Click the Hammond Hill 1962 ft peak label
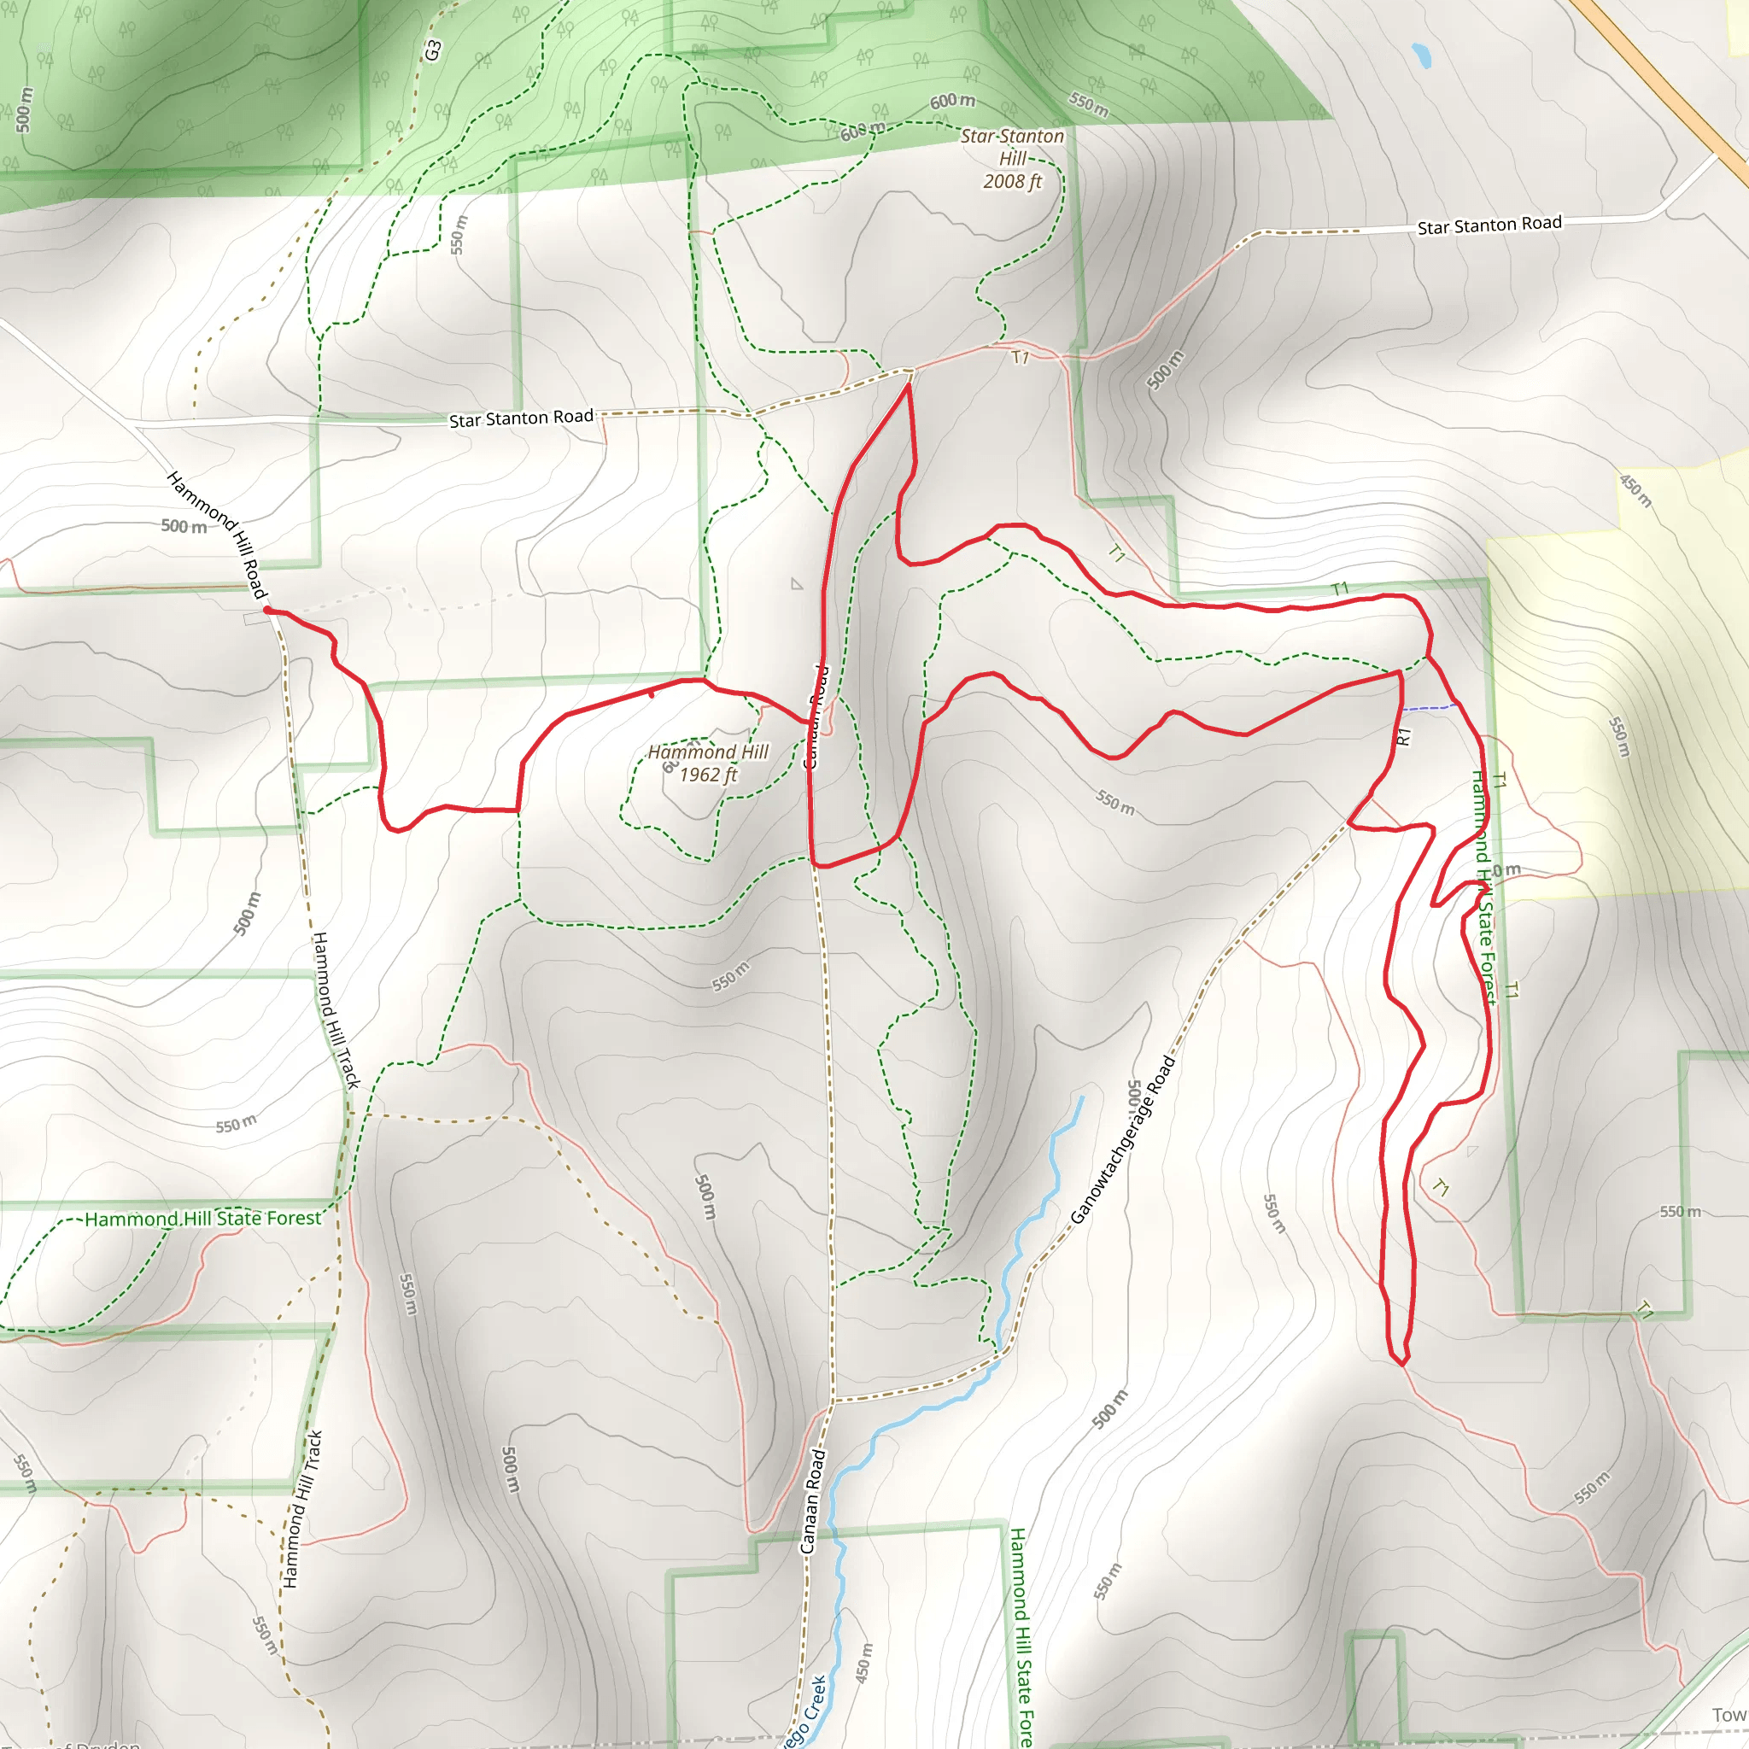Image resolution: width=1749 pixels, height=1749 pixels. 707,763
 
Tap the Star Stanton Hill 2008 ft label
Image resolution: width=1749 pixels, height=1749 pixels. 1012,159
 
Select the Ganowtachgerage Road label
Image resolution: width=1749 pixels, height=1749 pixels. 1122,1139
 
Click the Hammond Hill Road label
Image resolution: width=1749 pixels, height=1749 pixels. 217,534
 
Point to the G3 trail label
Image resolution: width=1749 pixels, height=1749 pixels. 433,50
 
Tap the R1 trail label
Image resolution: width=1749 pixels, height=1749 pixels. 1403,736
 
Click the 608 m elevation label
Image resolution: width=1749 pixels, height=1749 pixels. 861,132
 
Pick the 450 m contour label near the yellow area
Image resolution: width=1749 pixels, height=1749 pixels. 1635,491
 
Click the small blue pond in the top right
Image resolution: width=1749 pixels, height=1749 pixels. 1421,56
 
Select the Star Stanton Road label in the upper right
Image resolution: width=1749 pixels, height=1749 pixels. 1489,225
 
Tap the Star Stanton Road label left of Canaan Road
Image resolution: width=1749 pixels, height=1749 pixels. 522,418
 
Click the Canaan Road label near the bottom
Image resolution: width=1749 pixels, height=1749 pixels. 812,1502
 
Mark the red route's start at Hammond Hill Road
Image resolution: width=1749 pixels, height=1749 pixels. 267,610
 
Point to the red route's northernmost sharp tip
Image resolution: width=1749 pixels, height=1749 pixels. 908,385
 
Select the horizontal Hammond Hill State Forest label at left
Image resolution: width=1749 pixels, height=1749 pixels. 202,1219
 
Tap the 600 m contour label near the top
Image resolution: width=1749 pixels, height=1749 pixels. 952,101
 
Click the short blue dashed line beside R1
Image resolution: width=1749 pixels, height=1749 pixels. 1430,706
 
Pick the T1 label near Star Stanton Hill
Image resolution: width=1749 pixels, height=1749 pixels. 1021,358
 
